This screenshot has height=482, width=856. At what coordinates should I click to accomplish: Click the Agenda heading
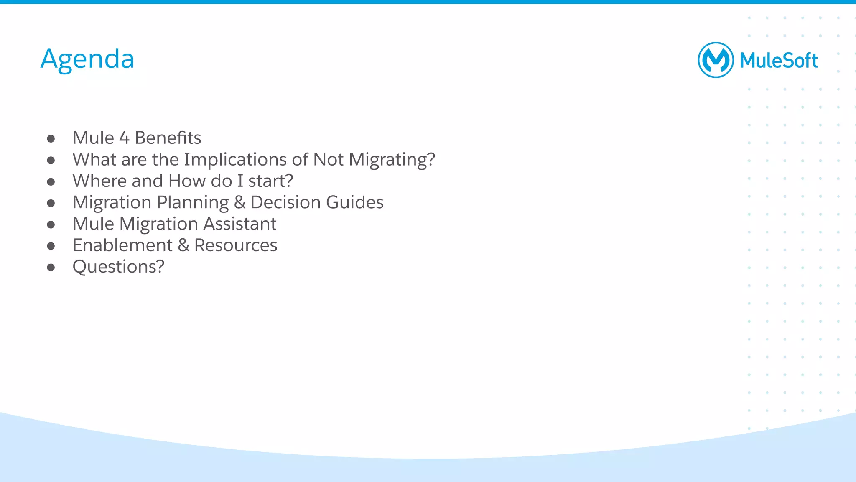[x=87, y=59]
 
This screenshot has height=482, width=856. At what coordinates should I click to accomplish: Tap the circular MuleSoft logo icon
[x=716, y=60]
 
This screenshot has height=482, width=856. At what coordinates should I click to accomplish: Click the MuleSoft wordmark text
[x=778, y=61]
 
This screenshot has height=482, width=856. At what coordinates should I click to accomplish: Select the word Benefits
[x=168, y=138]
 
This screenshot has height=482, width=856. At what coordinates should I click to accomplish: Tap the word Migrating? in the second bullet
[x=392, y=160]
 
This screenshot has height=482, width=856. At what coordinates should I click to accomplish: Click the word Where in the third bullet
[x=99, y=181]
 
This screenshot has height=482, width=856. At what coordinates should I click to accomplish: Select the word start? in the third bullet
[x=270, y=181]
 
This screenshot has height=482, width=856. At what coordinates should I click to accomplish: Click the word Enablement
[x=122, y=245]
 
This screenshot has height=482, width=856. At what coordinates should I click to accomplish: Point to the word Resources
[x=236, y=245]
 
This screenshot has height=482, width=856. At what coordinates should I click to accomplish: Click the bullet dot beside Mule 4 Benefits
[x=51, y=139]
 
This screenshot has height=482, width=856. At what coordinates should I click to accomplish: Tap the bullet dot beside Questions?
[x=51, y=268]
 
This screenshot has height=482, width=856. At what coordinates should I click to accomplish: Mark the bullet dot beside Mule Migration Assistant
[x=51, y=224]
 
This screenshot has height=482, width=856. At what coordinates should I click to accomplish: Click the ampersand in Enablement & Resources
[x=183, y=245]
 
